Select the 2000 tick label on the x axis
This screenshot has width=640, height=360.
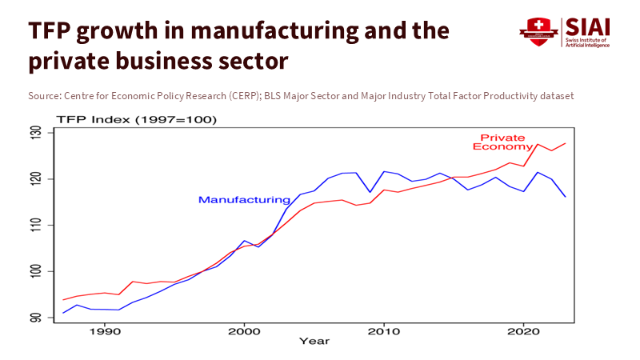pos(244,330)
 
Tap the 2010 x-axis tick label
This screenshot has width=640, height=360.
pos(384,330)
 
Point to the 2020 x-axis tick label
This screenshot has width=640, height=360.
pos(523,330)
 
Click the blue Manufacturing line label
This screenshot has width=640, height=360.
pos(244,200)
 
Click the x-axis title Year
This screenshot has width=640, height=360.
pos(314,342)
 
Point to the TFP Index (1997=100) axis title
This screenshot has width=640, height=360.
pos(136,120)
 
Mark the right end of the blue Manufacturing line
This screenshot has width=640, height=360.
pos(565,197)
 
